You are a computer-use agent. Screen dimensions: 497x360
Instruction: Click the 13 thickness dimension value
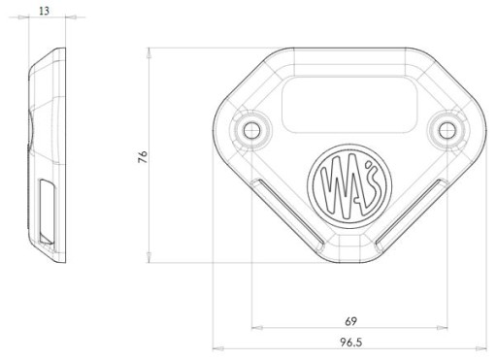coord(44,11)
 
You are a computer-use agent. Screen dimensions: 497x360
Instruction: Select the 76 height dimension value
coord(143,156)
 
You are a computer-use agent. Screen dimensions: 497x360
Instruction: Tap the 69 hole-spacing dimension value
coord(350,321)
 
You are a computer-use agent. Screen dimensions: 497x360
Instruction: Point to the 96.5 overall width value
coord(350,343)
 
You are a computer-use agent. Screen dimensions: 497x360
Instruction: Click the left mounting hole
coord(252,131)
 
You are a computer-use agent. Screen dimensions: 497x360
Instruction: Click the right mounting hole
coord(447,130)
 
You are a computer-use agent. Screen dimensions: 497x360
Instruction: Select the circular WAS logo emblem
coord(349,186)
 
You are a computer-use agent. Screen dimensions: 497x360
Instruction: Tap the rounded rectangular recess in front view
coord(349,105)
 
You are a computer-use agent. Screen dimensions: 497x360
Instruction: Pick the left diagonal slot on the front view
coord(287,214)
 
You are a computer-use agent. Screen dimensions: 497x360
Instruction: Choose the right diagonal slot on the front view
coord(412,214)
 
